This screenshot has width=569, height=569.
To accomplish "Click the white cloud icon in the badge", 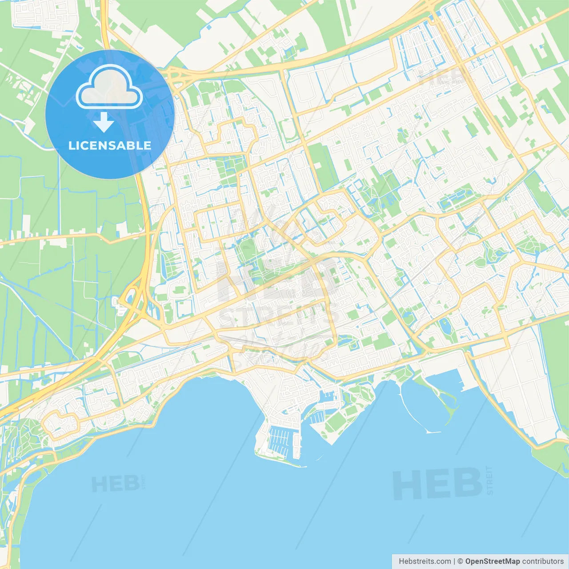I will [x=109, y=88].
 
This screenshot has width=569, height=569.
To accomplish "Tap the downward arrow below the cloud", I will [x=104, y=122].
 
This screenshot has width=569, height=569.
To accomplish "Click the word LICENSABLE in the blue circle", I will [x=110, y=145].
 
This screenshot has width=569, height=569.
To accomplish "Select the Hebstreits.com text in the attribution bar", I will [x=425, y=561].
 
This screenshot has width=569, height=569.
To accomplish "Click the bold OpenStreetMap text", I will [x=493, y=561].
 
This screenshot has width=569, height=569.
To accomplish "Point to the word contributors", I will [x=543, y=561].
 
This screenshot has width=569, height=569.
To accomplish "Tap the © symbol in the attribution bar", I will [x=461, y=561].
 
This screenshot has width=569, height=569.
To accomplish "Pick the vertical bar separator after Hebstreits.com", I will [x=454, y=561].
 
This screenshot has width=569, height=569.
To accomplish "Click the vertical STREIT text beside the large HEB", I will [x=490, y=481].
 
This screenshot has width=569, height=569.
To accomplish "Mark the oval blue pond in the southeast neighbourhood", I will [x=445, y=326].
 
